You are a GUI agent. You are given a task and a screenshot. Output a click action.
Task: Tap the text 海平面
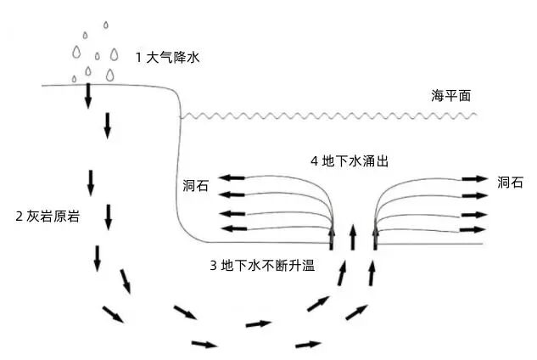pos(450,97)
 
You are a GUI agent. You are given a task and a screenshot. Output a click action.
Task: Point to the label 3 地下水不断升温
pos(262,265)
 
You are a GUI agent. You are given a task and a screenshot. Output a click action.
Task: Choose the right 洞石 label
pos(510,181)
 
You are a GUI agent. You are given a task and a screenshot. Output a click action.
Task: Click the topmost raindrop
pos(105,25)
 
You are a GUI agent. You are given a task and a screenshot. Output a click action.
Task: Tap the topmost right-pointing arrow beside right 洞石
pos(475,179)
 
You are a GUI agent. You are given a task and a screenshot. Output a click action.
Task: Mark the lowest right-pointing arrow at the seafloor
pos(475,228)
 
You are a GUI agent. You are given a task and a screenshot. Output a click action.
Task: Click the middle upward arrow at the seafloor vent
pos(353,236)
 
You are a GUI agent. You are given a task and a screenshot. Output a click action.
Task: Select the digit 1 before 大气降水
pos(139,58)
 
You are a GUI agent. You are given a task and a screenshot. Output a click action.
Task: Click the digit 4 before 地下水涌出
pos(315,160)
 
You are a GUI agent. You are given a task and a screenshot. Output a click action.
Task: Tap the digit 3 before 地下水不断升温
pos(213,265)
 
